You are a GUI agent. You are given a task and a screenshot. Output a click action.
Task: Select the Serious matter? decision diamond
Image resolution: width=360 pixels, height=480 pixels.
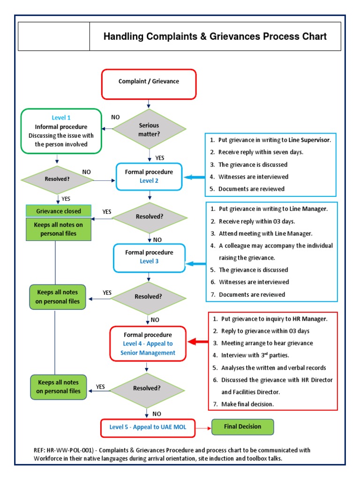tap(149, 129)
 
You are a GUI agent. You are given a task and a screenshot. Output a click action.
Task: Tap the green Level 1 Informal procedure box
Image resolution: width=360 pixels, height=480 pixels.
tap(61, 131)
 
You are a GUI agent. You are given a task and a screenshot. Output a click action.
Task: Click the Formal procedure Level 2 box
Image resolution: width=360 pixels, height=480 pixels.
tap(149, 176)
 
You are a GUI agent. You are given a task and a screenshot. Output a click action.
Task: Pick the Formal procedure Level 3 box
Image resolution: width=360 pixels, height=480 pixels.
tap(149, 257)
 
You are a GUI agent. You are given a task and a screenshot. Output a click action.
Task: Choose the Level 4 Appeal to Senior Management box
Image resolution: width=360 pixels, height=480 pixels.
tap(148, 344)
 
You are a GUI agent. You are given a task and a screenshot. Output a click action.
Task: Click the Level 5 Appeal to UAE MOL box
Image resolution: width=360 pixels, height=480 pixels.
tap(147, 427)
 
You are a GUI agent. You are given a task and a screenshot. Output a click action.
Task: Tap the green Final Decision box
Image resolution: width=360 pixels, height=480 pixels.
tap(242, 427)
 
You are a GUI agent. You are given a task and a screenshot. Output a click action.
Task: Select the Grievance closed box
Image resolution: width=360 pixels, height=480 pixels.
tap(59, 211)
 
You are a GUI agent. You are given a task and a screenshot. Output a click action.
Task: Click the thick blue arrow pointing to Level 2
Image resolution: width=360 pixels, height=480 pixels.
tap(194, 177)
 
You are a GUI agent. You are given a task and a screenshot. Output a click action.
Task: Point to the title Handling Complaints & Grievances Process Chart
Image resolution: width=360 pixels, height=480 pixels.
tap(215, 37)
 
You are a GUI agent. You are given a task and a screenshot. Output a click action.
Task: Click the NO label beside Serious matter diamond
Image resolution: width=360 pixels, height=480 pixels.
tap(115, 117)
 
